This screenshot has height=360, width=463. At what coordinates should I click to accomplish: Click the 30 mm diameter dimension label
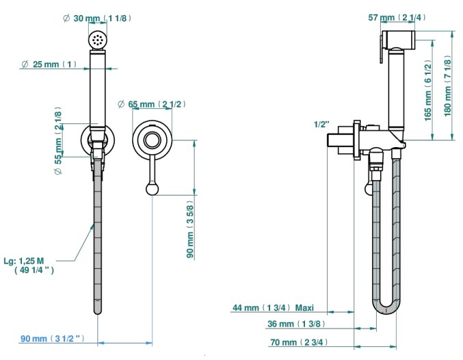[97, 18]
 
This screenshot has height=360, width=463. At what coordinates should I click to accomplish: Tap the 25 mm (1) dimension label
[49, 64]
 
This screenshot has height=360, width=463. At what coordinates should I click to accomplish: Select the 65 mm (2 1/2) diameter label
[152, 104]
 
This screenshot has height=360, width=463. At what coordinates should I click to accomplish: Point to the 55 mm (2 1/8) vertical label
[58, 140]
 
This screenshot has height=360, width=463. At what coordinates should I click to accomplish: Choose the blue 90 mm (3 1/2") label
[52, 338]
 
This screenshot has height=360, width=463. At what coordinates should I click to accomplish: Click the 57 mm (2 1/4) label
[397, 17]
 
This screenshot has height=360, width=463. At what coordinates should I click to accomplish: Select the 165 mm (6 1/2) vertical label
[428, 90]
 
